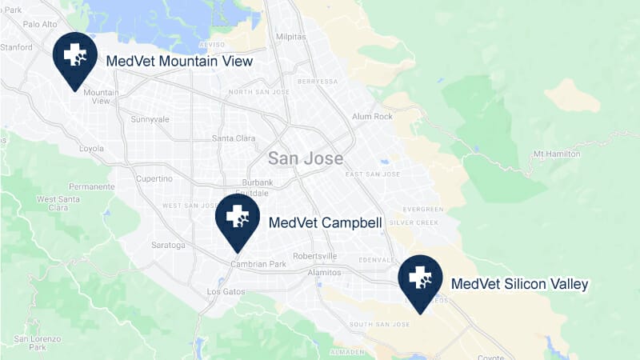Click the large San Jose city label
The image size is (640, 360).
305,158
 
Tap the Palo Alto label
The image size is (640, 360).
39,24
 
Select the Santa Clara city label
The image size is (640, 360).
234,138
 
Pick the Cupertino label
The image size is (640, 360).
155,178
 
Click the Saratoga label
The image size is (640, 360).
167,244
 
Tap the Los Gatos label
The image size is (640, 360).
223,292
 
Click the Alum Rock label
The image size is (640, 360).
372,117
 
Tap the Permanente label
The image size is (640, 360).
92,186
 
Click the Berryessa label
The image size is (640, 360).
317,81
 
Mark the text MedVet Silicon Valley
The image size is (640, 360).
520,284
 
